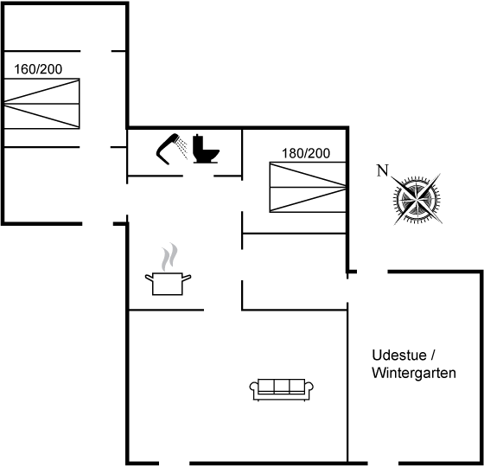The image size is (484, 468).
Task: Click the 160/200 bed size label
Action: (38, 69)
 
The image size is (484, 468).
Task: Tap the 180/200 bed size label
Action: (306, 153)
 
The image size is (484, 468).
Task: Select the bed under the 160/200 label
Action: (41, 104)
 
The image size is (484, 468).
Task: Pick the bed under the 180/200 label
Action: (308, 187)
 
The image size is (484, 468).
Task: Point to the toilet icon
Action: (206, 149)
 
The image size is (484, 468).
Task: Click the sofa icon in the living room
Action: (282, 389)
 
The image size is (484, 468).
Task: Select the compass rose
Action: (417, 199)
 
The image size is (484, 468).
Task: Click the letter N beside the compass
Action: (382, 170)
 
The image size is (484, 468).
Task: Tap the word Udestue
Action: (399, 356)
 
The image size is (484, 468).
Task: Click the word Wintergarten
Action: (414, 373)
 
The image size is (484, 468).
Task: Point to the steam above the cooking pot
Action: (169, 257)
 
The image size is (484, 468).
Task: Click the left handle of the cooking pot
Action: (149, 278)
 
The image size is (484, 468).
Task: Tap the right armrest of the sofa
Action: (309, 388)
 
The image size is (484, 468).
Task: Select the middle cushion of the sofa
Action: (282, 386)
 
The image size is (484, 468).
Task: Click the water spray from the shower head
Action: (182, 148)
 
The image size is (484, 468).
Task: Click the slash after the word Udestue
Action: (432, 356)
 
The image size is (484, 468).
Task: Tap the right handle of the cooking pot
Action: (187, 278)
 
